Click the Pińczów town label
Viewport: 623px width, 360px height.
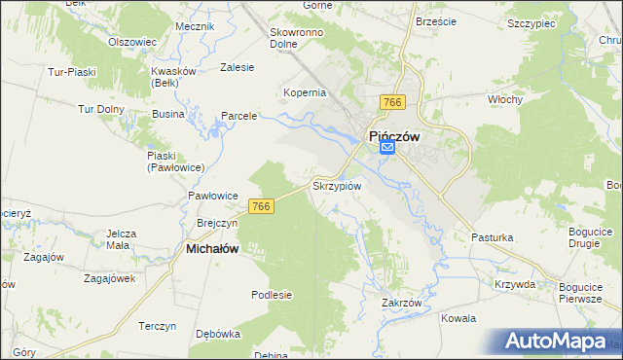[392, 137]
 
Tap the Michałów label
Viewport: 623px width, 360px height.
[212, 249]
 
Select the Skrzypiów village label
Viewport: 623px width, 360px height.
[337, 185]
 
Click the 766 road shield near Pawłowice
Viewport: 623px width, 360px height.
[260, 206]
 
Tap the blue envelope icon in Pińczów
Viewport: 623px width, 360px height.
[387, 148]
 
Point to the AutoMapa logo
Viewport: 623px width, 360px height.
[556, 342]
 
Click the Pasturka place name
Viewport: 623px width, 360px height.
[492, 237]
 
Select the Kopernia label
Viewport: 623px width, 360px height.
[305, 93]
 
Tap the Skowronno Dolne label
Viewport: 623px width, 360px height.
[297, 37]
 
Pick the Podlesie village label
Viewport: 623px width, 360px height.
[272, 295]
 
